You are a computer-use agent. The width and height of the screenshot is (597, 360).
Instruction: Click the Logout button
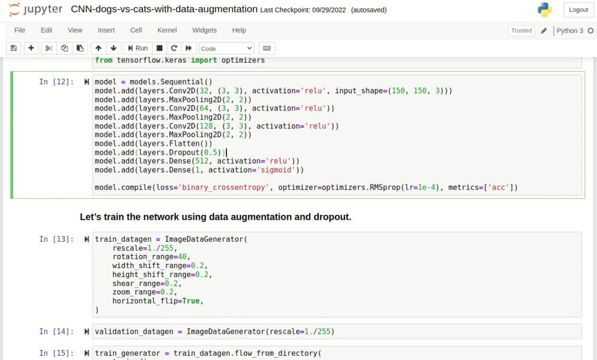pyautogui.click(x=578, y=10)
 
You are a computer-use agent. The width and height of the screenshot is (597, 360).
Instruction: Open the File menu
pyautogui.click(x=20, y=30)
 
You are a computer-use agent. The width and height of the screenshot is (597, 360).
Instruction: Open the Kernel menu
pyautogui.click(x=167, y=30)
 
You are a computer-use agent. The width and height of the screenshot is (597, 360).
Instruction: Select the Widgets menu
pyautogui.click(x=204, y=30)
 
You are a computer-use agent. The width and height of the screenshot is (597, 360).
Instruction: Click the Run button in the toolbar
pyautogui.click(x=138, y=48)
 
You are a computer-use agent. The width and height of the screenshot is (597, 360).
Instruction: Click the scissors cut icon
pyautogui.click(x=49, y=48)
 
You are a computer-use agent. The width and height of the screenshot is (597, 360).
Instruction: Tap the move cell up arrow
pyautogui.click(x=99, y=48)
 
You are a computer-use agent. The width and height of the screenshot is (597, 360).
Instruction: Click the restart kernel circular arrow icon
pyautogui.click(x=174, y=48)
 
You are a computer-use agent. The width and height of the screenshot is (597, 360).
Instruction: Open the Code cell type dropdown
pyautogui.click(x=226, y=48)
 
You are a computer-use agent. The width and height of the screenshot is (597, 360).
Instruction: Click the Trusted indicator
pyautogui.click(x=521, y=30)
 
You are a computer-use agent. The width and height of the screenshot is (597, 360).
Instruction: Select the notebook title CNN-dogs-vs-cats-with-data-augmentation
pyautogui.click(x=164, y=9)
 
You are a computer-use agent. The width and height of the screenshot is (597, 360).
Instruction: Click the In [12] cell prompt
pyautogui.click(x=56, y=82)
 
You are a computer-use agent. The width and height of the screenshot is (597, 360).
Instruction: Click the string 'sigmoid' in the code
pyautogui.click(x=276, y=170)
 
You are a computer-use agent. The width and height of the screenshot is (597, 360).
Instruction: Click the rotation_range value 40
pyautogui.click(x=182, y=257)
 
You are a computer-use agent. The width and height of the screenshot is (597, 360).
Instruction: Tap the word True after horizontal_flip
pyautogui.click(x=191, y=301)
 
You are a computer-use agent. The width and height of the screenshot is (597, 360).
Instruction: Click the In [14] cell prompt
pyautogui.click(x=56, y=332)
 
